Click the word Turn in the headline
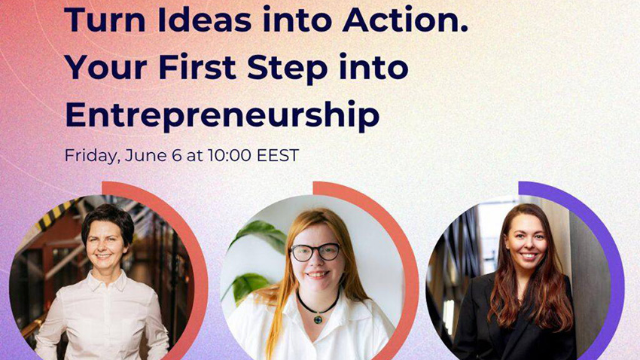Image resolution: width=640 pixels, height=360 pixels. (x=105, y=20)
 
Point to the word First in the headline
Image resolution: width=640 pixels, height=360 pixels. (x=197, y=66)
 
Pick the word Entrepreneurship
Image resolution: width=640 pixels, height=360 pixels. (x=222, y=114)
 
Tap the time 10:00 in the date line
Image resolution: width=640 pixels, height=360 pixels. (x=229, y=155)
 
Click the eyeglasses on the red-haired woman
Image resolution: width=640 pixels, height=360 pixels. (x=315, y=252)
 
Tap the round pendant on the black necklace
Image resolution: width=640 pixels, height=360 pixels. (x=318, y=319)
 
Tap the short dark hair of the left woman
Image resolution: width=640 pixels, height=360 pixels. (x=108, y=221)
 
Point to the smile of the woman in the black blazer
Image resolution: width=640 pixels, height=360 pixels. (x=528, y=256)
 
